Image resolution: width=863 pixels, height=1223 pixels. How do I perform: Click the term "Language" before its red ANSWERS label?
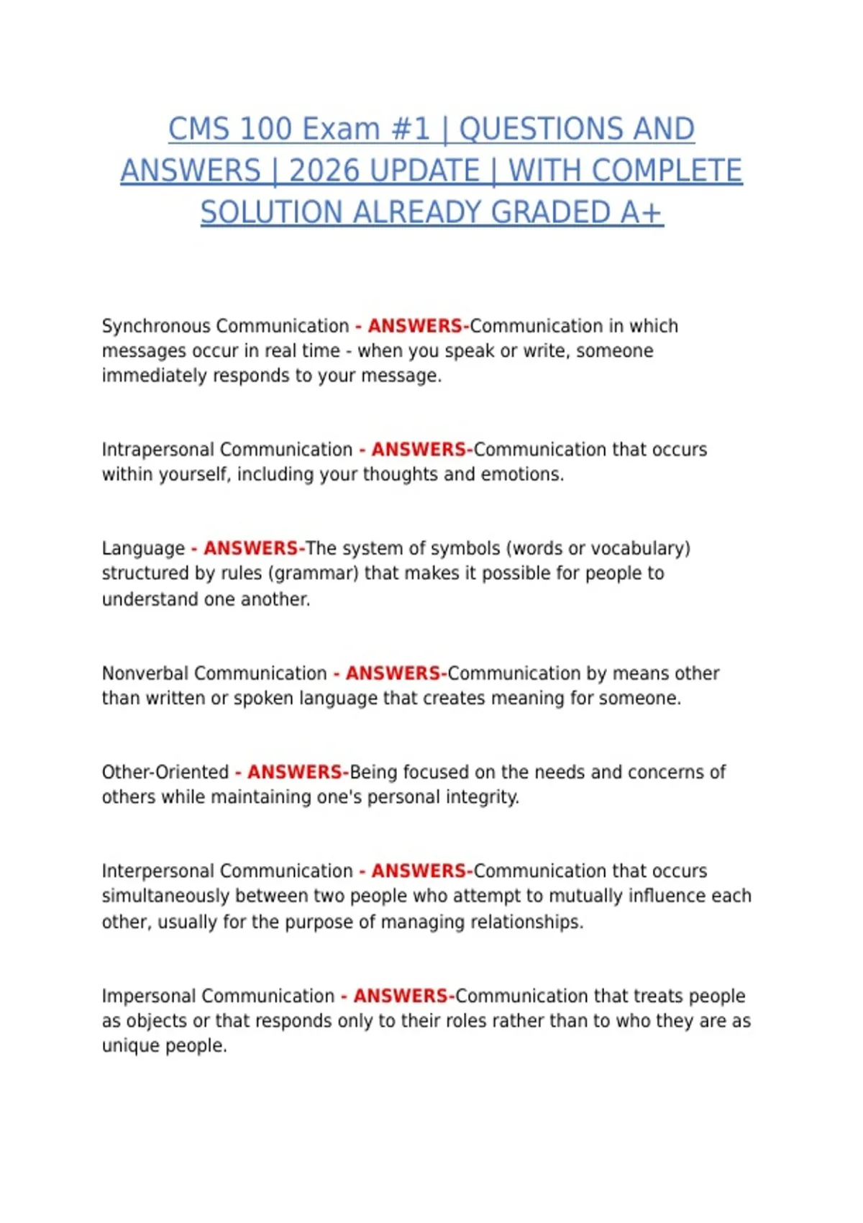143,549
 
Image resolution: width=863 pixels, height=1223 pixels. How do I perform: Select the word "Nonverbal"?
145,673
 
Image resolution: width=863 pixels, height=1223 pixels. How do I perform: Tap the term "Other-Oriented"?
165,772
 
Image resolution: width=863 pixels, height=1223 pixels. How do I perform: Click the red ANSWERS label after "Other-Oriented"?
295,772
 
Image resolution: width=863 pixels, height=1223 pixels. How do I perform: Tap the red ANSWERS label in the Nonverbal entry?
393,673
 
